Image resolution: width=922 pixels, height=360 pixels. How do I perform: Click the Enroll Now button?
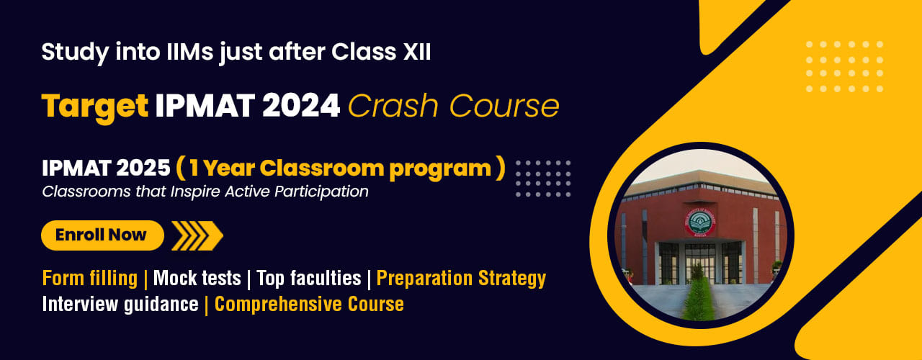tap(102, 235)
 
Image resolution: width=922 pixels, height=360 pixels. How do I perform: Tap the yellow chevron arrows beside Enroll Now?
tap(197, 235)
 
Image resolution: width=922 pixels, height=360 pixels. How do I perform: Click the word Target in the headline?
tap(94, 107)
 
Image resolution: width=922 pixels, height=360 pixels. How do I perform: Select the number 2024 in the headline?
tap(301, 106)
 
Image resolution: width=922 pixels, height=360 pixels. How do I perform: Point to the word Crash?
tap(393, 106)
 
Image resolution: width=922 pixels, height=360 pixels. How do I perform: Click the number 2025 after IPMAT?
tap(143, 168)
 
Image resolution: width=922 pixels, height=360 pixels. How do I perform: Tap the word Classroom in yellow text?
tap(322, 168)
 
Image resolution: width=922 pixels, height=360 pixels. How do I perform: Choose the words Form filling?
tap(90, 279)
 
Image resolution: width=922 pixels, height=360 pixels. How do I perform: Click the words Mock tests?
tap(197, 278)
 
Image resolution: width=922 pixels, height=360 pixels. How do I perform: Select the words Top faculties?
tap(309, 278)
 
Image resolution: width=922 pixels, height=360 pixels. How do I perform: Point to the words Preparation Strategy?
tap(462, 279)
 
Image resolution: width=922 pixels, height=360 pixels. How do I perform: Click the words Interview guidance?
tap(120, 305)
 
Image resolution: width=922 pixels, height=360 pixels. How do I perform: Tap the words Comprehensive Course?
tap(309, 305)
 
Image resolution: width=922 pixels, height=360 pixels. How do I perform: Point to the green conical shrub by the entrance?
tap(697, 294)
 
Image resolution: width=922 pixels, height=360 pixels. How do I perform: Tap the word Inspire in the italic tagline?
tap(195, 192)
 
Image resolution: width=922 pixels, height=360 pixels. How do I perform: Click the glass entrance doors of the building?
tap(699, 264)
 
